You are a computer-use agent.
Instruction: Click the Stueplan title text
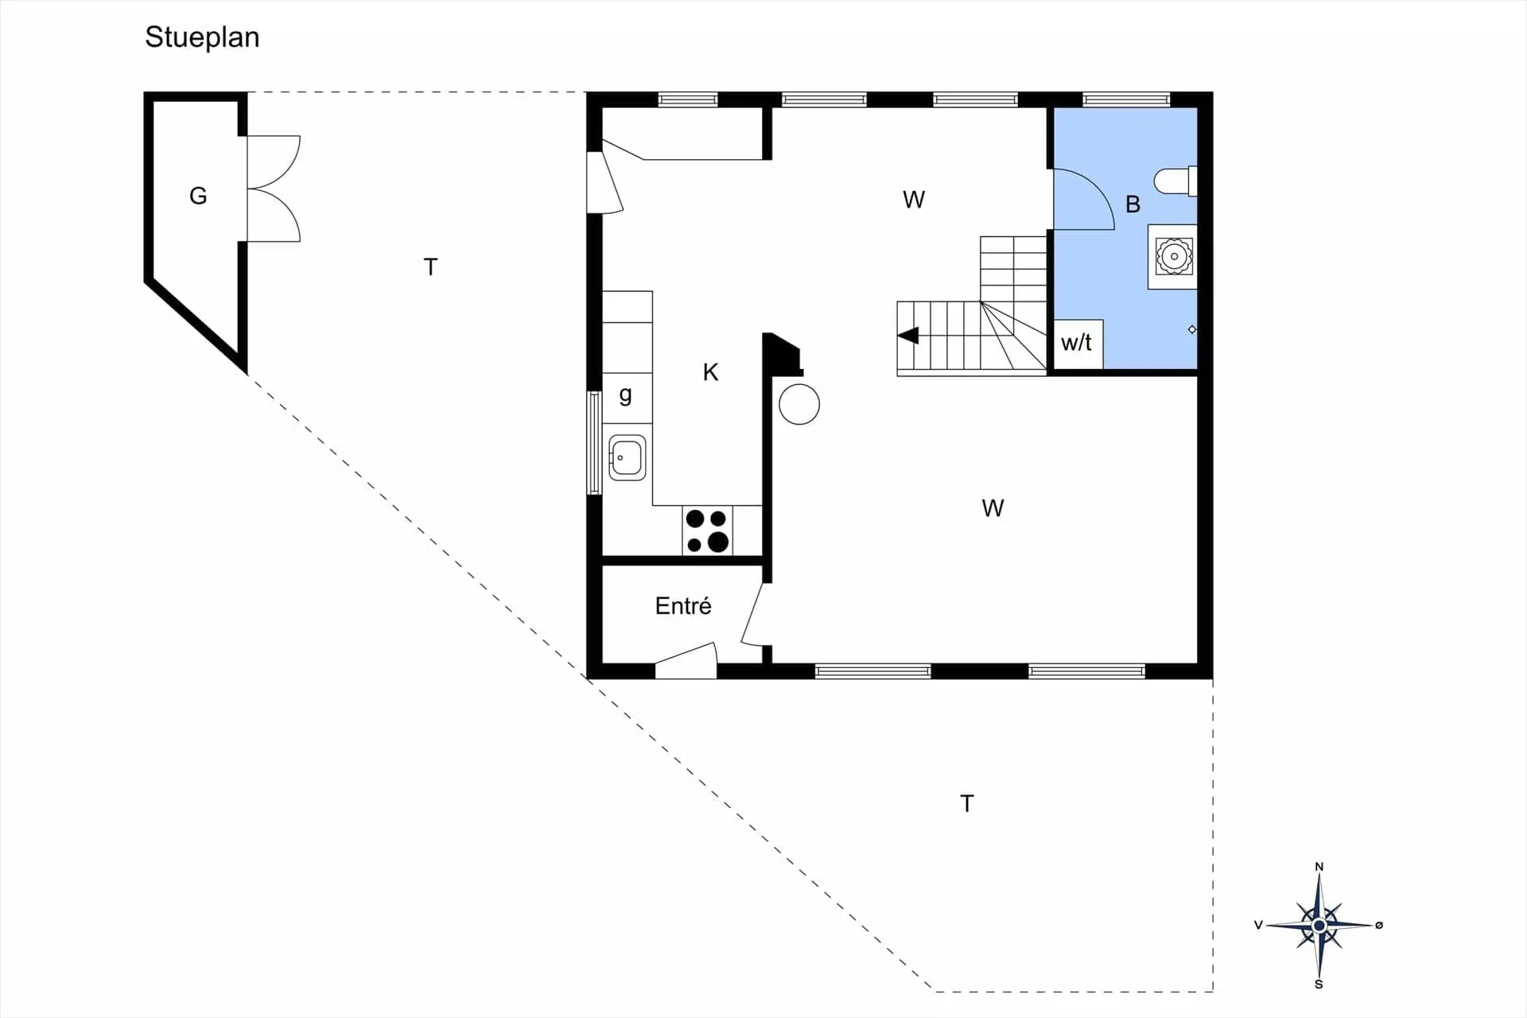(x=202, y=37)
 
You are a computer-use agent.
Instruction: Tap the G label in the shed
(x=198, y=196)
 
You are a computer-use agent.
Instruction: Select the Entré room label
(x=683, y=606)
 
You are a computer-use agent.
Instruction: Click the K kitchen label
(x=710, y=372)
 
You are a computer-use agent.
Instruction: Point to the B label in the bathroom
(x=1133, y=205)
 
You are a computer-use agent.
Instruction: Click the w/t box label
(x=1076, y=343)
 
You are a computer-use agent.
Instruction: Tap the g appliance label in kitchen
(x=626, y=394)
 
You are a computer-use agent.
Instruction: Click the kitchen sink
(x=627, y=458)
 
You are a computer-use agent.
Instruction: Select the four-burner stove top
(x=707, y=530)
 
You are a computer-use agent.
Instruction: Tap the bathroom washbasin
(x=1173, y=256)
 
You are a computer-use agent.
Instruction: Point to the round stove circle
(x=799, y=404)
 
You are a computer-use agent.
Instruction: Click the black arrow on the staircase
(x=908, y=336)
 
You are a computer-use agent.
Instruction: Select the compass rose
(x=1319, y=926)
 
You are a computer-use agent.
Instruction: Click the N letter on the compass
(x=1319, y=866)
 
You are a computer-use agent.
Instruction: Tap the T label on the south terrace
(x=966, y=804)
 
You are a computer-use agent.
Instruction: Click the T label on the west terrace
(x=430, y=267)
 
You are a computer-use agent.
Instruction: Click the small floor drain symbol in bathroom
(x=1191, y=329)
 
